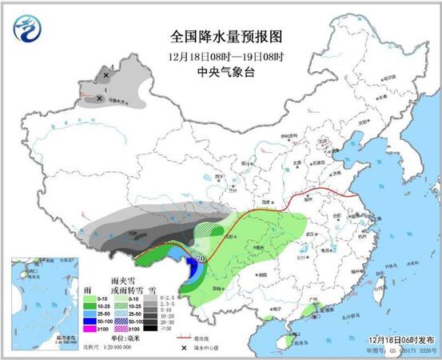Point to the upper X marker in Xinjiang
[106, 74]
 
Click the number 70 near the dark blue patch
[201, 258]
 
